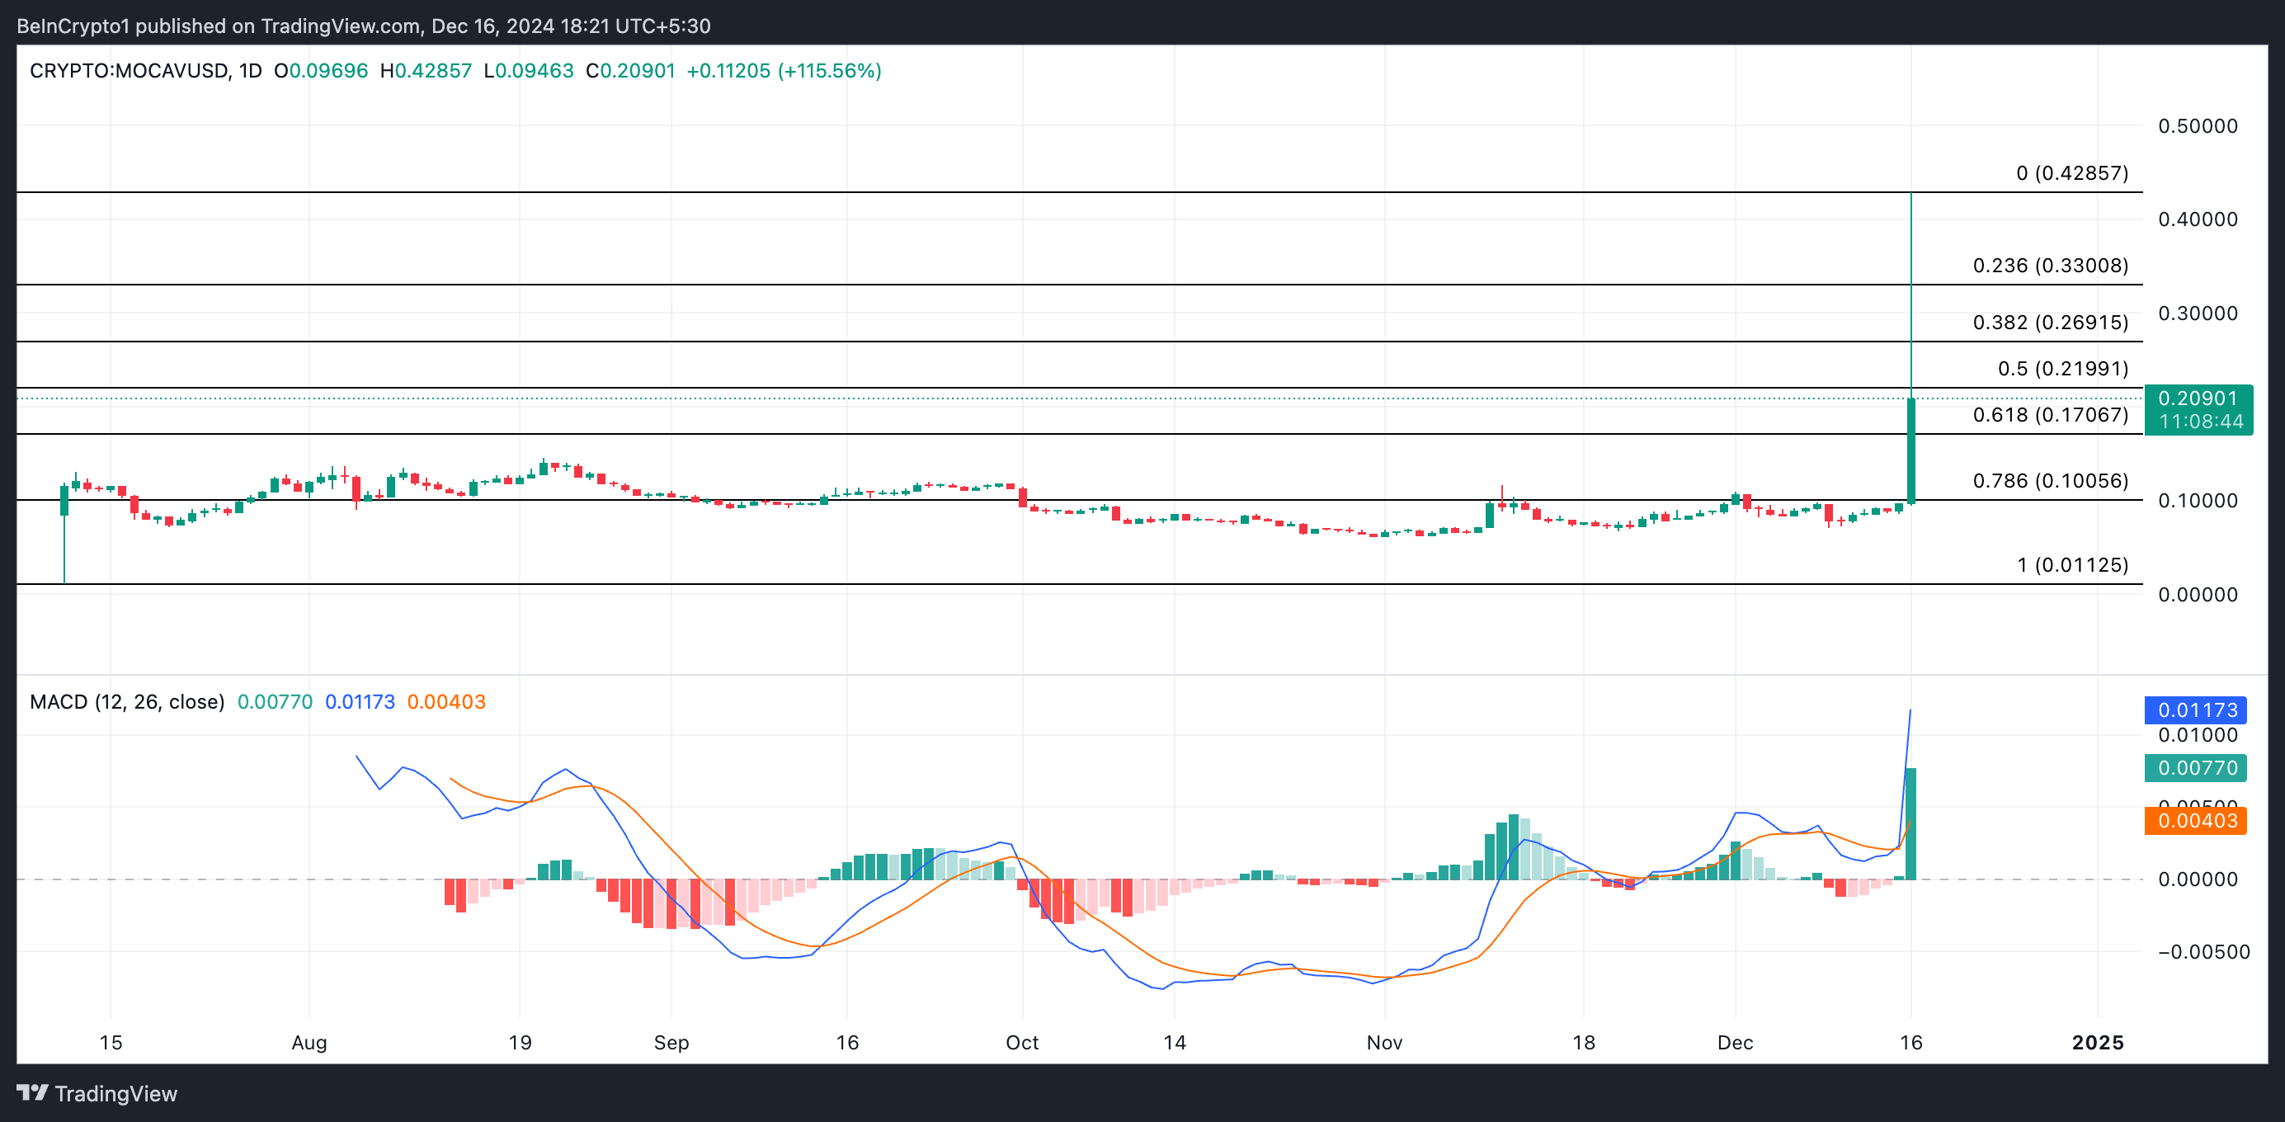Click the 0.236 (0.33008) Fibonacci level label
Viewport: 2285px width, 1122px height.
(2050, 265)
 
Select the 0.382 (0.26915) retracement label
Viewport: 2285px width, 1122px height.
(2050, 322)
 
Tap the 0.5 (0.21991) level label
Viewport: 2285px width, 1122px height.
(2062, 368)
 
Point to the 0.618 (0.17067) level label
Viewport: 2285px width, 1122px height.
(2050, 414)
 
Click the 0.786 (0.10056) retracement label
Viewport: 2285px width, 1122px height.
(2050, 481)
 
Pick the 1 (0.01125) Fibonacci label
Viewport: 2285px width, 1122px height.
(2072, 565)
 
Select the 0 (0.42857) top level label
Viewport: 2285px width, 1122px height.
(2072, 173)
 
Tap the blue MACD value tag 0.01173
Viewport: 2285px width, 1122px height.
(2195, 709)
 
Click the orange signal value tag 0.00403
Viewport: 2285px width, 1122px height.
(2195, 820)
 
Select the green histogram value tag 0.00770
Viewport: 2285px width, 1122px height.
(2195, 768)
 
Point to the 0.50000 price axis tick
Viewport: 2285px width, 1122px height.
(2198, 126)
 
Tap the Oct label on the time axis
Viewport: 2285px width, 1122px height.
(1022, 1042)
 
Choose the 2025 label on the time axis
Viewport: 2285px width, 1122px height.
(2097, 1042)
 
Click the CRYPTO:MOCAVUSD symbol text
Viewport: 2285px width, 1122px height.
(129, 71)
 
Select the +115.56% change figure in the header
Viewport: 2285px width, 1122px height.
(829, 71)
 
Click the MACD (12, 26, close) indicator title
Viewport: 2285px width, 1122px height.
(127, 701)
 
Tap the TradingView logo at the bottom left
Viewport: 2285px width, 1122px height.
(97, 1093)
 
